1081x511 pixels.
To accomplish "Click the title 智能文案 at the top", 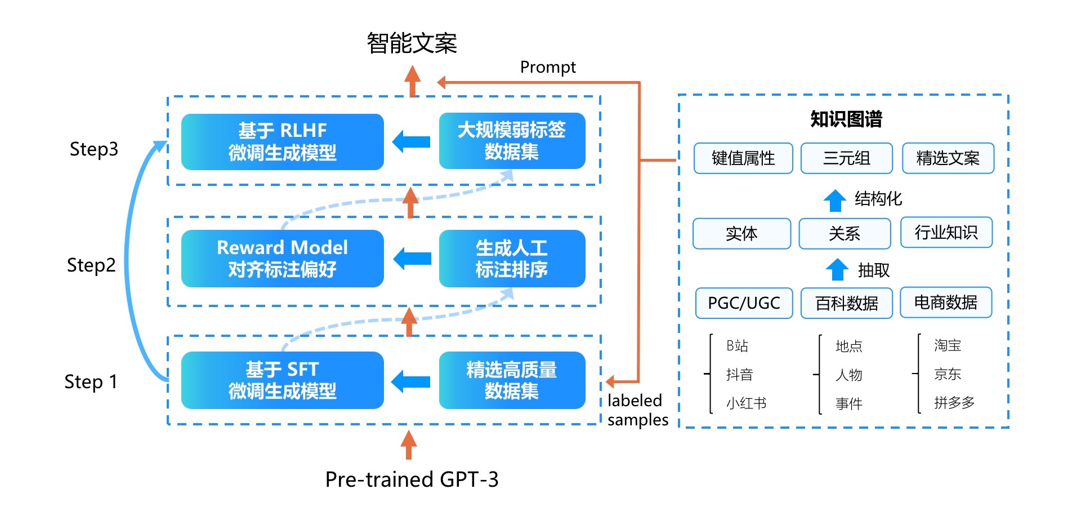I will [x=412, y=43].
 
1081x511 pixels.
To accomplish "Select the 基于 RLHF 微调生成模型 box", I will [x=282, y=141].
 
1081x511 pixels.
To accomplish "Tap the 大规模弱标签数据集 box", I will [x=512, y=141].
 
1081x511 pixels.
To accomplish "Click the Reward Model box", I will [x=282, y=259].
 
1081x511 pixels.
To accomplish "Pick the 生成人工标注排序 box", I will [x=512, y=259].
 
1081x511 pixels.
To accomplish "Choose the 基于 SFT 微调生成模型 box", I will [x=282, y=380].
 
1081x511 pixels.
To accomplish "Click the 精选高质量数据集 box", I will [x=512, y=380].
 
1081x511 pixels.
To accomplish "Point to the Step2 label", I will [x=91, y=265].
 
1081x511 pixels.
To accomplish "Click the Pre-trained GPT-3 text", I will [x=412, y=479].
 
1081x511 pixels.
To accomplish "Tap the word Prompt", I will [x=548, y=68].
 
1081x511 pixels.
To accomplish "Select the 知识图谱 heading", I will [x=846, y=119].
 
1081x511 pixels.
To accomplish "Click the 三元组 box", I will [x=846, y=158].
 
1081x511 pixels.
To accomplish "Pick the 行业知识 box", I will [x=946, y=233].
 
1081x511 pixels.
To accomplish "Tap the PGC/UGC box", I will [x=744, y=303].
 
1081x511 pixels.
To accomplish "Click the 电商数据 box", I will [x=945, y=303].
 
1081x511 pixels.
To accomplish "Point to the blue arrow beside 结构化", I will [x=835, y=200].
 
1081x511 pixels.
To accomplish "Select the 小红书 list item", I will [x=746, y=403].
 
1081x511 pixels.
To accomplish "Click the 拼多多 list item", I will [x=954, y=403].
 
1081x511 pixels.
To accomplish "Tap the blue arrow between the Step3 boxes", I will [x=412, y=141].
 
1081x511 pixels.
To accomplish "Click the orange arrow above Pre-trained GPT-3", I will [x=409, y=445].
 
